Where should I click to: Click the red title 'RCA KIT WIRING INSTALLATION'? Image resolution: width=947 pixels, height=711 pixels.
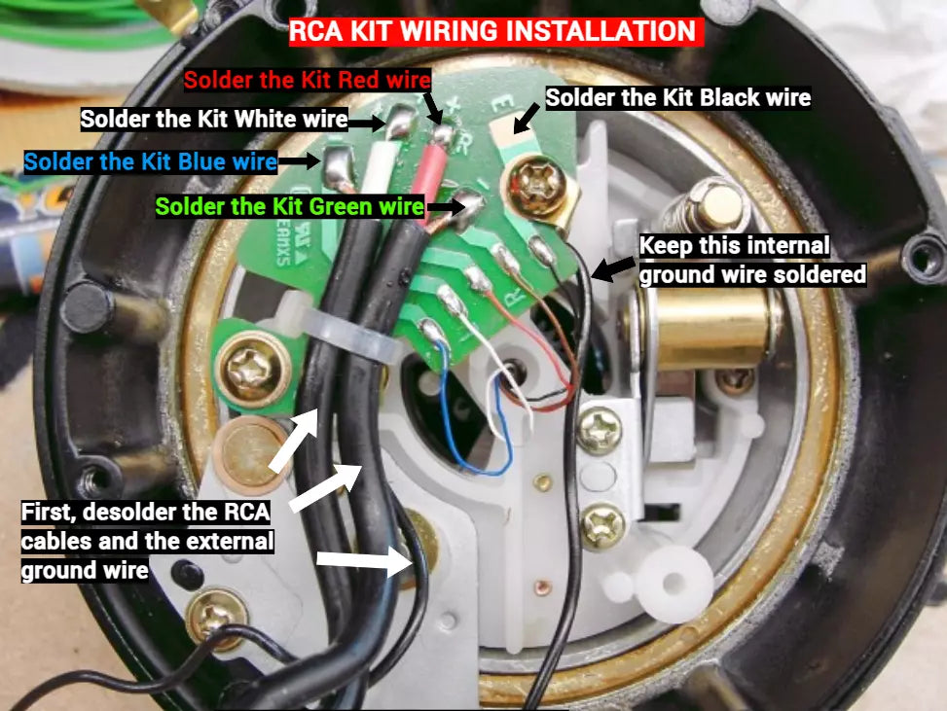[495, 31]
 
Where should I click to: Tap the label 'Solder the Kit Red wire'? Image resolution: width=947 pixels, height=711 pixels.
[308, 80]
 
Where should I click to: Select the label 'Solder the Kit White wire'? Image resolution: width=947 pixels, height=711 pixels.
[214, 119]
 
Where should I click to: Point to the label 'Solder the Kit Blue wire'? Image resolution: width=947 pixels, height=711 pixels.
[151, 161]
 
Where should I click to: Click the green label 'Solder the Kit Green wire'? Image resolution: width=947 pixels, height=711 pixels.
[289, 206]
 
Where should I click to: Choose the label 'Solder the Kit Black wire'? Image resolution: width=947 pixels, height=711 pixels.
[678, 98]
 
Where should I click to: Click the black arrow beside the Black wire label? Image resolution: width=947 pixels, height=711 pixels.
[527, 118]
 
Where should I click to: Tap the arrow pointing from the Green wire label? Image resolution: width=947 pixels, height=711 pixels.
[446, 206]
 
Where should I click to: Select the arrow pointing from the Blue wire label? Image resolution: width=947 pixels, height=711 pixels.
[300, 161]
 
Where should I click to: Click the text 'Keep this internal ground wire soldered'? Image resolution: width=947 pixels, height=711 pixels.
[752, 260]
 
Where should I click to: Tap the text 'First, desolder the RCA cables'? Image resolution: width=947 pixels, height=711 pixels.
[146, 526]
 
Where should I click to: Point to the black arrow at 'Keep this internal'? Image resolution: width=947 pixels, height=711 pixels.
[612, 268]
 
